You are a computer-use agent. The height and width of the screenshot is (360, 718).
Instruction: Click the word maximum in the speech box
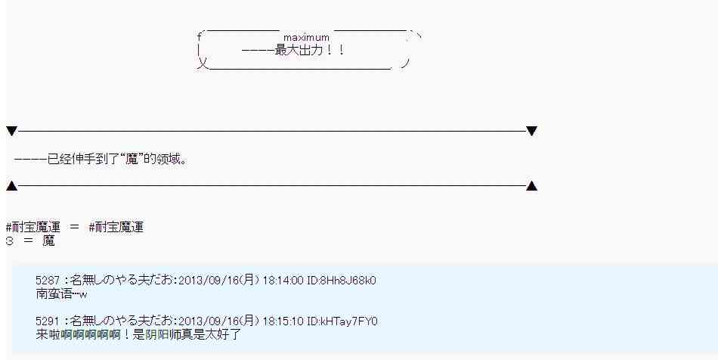click(x=306, y=37)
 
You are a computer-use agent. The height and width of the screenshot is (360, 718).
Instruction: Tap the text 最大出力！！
click(x=310, y=51)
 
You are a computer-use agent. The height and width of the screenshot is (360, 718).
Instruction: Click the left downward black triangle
click(x=11, y=132)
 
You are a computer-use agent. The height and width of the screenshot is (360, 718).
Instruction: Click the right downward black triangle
click(x=531, y=132)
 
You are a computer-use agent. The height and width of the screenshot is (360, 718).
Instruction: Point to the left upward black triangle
click(x=11, y=186)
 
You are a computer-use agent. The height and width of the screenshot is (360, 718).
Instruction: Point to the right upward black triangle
click(x=531, y=186)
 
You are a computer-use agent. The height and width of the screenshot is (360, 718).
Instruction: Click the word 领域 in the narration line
click(x=168, y=160)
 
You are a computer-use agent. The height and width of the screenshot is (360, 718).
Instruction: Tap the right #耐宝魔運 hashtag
click(x=116, y=227)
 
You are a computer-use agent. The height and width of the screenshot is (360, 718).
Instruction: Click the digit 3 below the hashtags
click(x=9, y=241)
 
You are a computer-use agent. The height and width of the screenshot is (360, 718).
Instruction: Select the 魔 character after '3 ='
click(x=48, y=241)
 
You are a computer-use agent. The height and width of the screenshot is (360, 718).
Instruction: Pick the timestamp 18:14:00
click(x=283, y=281)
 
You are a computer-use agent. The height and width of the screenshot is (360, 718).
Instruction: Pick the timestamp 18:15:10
click(x=283, y=321)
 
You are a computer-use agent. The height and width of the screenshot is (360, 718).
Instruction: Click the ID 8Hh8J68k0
click(x=348, y=281)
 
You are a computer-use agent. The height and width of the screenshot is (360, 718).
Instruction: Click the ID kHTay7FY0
click(x=348, y=321)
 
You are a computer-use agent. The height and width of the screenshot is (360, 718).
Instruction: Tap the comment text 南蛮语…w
click(x=62, y=293)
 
